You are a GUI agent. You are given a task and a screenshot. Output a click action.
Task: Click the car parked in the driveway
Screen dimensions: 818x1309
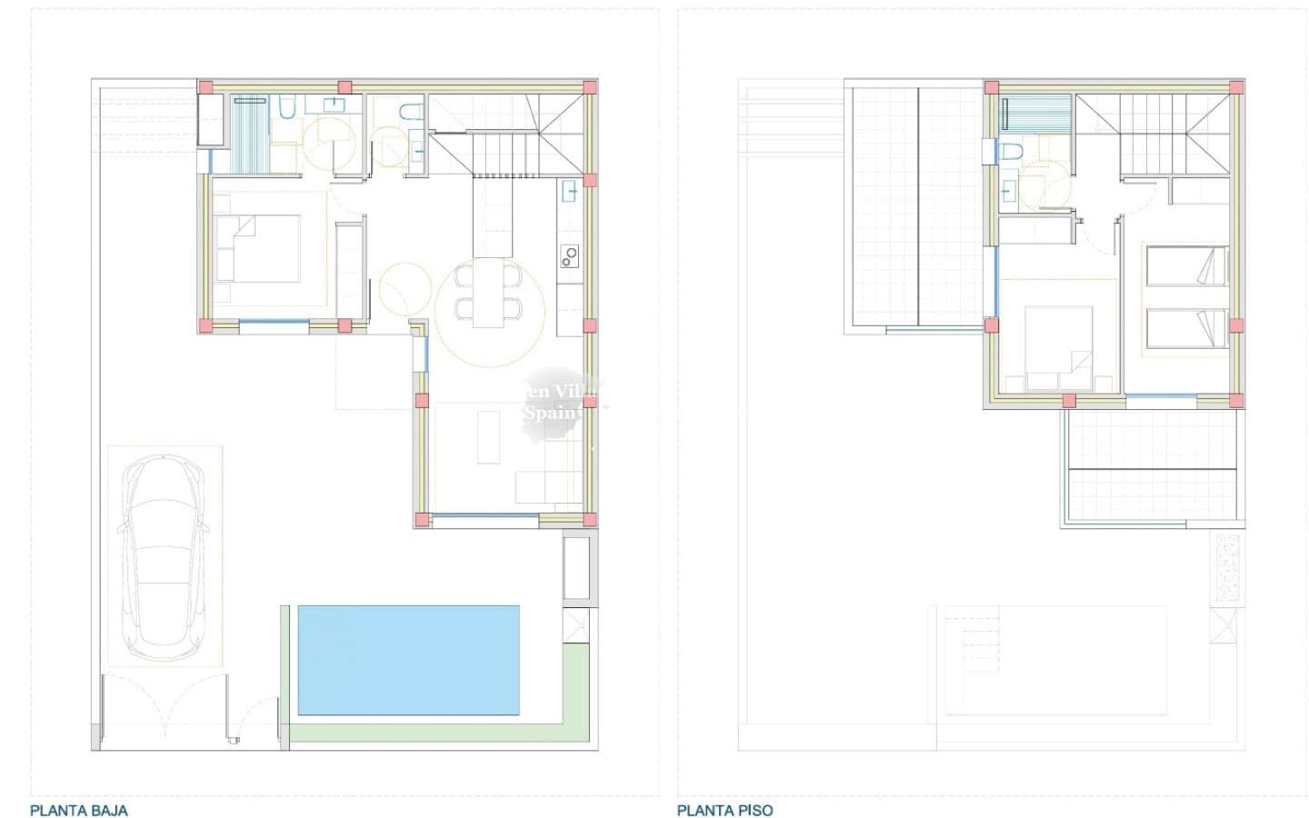tap(164, 556)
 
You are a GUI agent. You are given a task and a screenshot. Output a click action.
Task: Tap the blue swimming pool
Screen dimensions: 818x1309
tap(409, 660)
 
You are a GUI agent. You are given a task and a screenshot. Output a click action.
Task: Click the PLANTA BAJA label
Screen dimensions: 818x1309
tap(79, 810)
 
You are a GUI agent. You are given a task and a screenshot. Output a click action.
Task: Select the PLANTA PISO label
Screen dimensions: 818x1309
tap(724, 810)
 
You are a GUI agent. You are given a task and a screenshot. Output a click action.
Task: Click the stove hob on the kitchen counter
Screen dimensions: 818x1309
tap(570, 256)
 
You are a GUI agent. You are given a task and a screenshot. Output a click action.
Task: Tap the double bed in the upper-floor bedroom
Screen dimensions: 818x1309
tap(1059, 349)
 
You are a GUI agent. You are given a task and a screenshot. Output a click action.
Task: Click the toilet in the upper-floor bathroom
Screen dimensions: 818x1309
tap(1010, 151)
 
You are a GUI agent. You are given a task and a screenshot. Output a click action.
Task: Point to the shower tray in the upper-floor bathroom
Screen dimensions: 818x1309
tap(1037, 115)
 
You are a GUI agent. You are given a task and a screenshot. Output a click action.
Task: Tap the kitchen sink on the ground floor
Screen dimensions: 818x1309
tap(570, 190)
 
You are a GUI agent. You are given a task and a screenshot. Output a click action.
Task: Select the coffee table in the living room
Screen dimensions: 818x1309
tap(488, 437)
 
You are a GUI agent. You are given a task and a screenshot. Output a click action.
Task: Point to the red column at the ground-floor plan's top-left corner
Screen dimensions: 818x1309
tap(206, 87)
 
